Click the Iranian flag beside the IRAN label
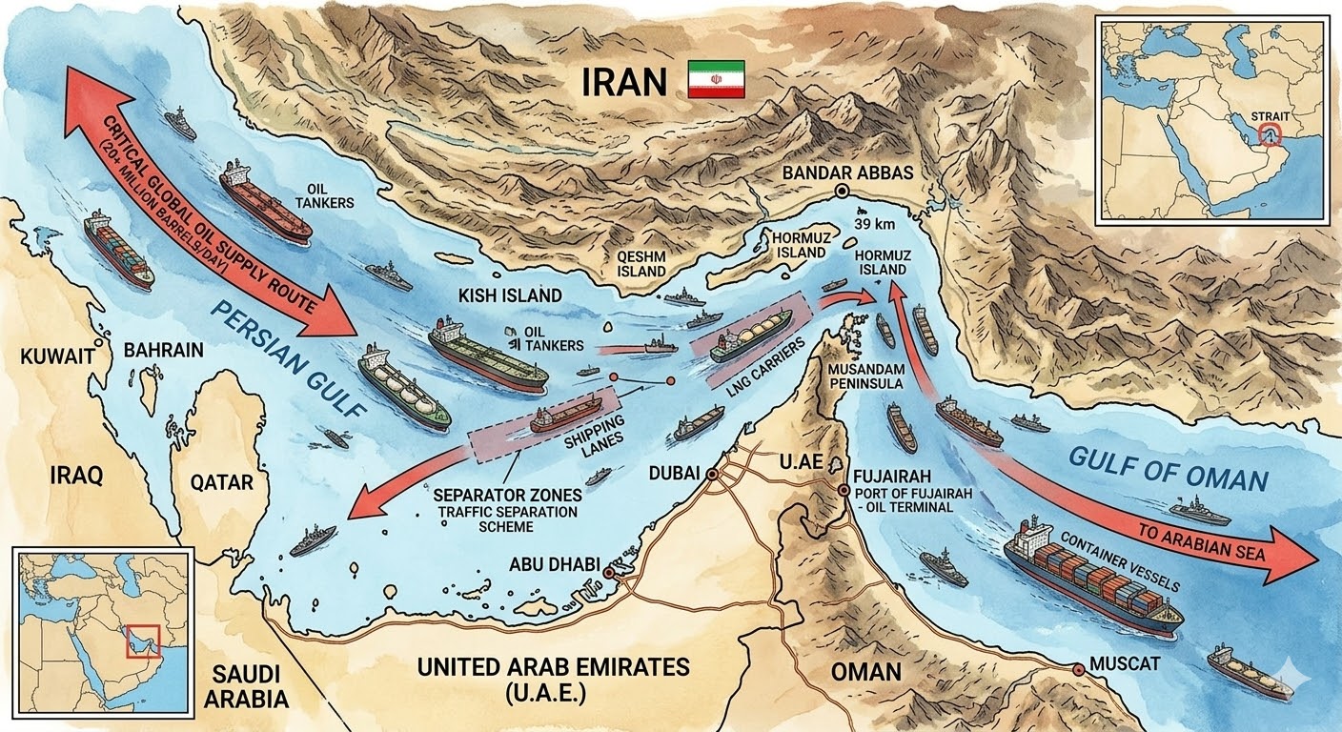pos(716,80)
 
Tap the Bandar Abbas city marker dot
pos(842,192)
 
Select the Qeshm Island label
pos(640,264)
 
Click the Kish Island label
pos(510,295)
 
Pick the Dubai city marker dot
pos(711,474)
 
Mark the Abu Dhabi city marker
pos(608,572)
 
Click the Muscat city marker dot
pos(1078,669)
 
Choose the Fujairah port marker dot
pos(844,491)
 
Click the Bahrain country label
pos(163,350)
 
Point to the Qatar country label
pos(221,482)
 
